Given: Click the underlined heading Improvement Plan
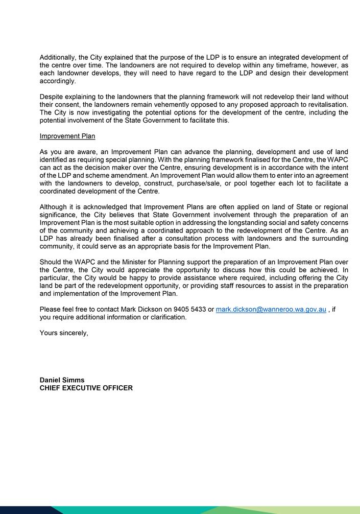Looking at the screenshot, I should pos(67,136).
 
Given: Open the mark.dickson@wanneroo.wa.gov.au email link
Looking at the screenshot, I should pos(271,310).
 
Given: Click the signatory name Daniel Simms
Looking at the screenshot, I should pos(62,380).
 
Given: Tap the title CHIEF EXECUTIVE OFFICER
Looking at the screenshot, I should pos(86,388).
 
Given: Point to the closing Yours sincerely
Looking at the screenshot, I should pos(64,333).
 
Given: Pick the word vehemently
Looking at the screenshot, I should pos(178,105).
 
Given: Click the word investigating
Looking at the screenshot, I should pos(109,112).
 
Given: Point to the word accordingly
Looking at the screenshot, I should pos(58,81).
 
